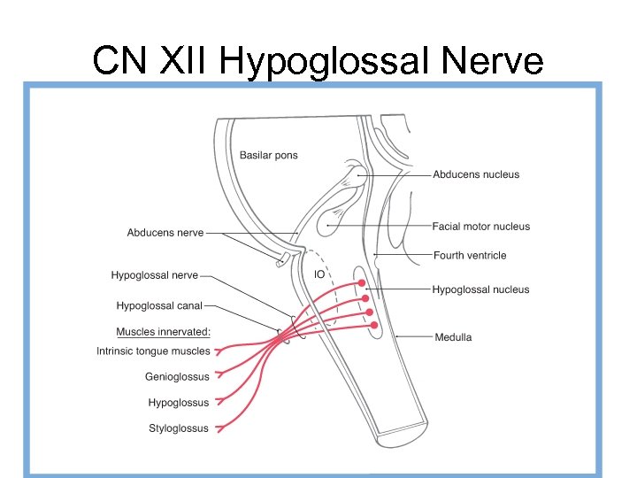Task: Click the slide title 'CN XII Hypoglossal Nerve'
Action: tap(318, 60)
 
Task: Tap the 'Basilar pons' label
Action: tap(269, 156)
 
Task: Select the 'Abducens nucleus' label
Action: tap(476, 174)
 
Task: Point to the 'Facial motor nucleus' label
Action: tap(481, 227)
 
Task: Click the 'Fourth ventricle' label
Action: tap(470, 256)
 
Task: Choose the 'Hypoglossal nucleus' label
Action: tap(480, 289)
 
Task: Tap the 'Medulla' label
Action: tap(453, 337)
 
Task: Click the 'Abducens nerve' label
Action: tap(165, 233)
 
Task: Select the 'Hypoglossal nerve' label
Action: tap(155, 275)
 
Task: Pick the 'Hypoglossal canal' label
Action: tap(159, 306)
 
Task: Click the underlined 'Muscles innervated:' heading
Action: tap(164, 332)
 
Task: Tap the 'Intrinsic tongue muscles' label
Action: tap(153, 351)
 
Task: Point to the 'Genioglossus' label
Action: tap(178, 377)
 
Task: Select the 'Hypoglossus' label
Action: tap(179, 403)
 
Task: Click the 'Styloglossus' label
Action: tap(179, 428)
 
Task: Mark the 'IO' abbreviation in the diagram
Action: tap(320, 274)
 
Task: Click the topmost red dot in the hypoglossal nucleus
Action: tap(360, 284)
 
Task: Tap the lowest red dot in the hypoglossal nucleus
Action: tap(374, 326)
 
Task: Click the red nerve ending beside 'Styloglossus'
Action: tap(219, 428)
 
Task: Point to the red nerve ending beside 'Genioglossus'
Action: tap(219, 376)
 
